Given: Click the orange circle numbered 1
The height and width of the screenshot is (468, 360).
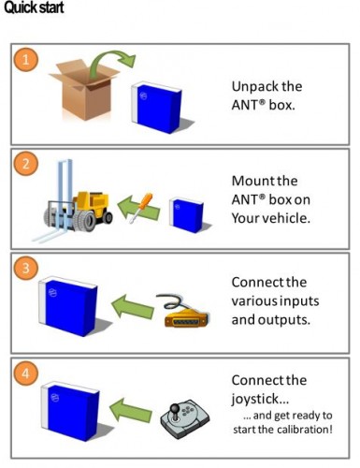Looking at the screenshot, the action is click(x=26, y=59).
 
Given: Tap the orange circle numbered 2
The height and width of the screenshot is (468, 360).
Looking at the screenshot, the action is click(x=26, y=164).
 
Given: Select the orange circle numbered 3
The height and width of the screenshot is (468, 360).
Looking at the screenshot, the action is click(x=26, y=268).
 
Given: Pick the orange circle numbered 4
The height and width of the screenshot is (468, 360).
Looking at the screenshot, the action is click(x=26, y=373).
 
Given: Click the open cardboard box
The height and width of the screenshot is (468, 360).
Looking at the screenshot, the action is click(x=84, y=90).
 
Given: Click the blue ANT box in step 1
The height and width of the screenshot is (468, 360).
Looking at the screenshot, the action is click(x=157, y=108).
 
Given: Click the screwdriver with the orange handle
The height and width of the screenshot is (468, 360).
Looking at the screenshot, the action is click(x=141, y=208).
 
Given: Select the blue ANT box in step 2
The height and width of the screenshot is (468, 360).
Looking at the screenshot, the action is click(x=187, y=216).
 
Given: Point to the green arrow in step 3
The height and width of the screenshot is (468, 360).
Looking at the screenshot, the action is click(x=132, y=307).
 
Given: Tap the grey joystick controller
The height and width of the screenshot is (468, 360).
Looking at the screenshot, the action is click(x=185, y=418).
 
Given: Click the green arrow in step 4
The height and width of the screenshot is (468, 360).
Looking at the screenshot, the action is click(x=131, y=411).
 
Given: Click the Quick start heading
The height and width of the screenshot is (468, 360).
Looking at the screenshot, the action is click(x=34, y=7).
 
